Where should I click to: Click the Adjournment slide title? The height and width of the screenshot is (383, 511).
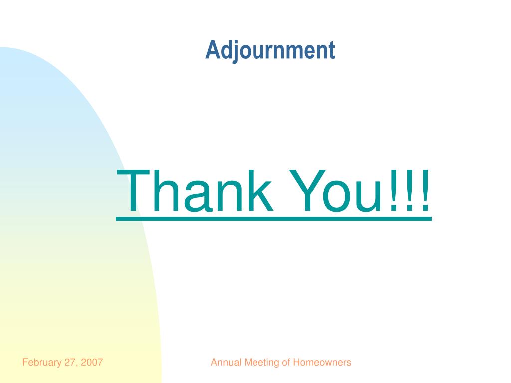tap(270, 51)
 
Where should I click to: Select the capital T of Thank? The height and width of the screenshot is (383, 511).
tap(136, 191)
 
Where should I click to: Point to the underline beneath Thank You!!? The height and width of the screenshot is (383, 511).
tap(273, 220)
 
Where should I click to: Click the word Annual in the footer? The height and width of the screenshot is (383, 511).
tap(226, 363)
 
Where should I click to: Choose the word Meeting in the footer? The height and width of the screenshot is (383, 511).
tap(261, 363)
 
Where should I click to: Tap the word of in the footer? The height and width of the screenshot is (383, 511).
tap(286, 363)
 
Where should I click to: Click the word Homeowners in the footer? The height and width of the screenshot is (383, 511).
tap(322, 363)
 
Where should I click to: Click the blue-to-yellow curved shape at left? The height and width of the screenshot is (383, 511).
tap(60, 224)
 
